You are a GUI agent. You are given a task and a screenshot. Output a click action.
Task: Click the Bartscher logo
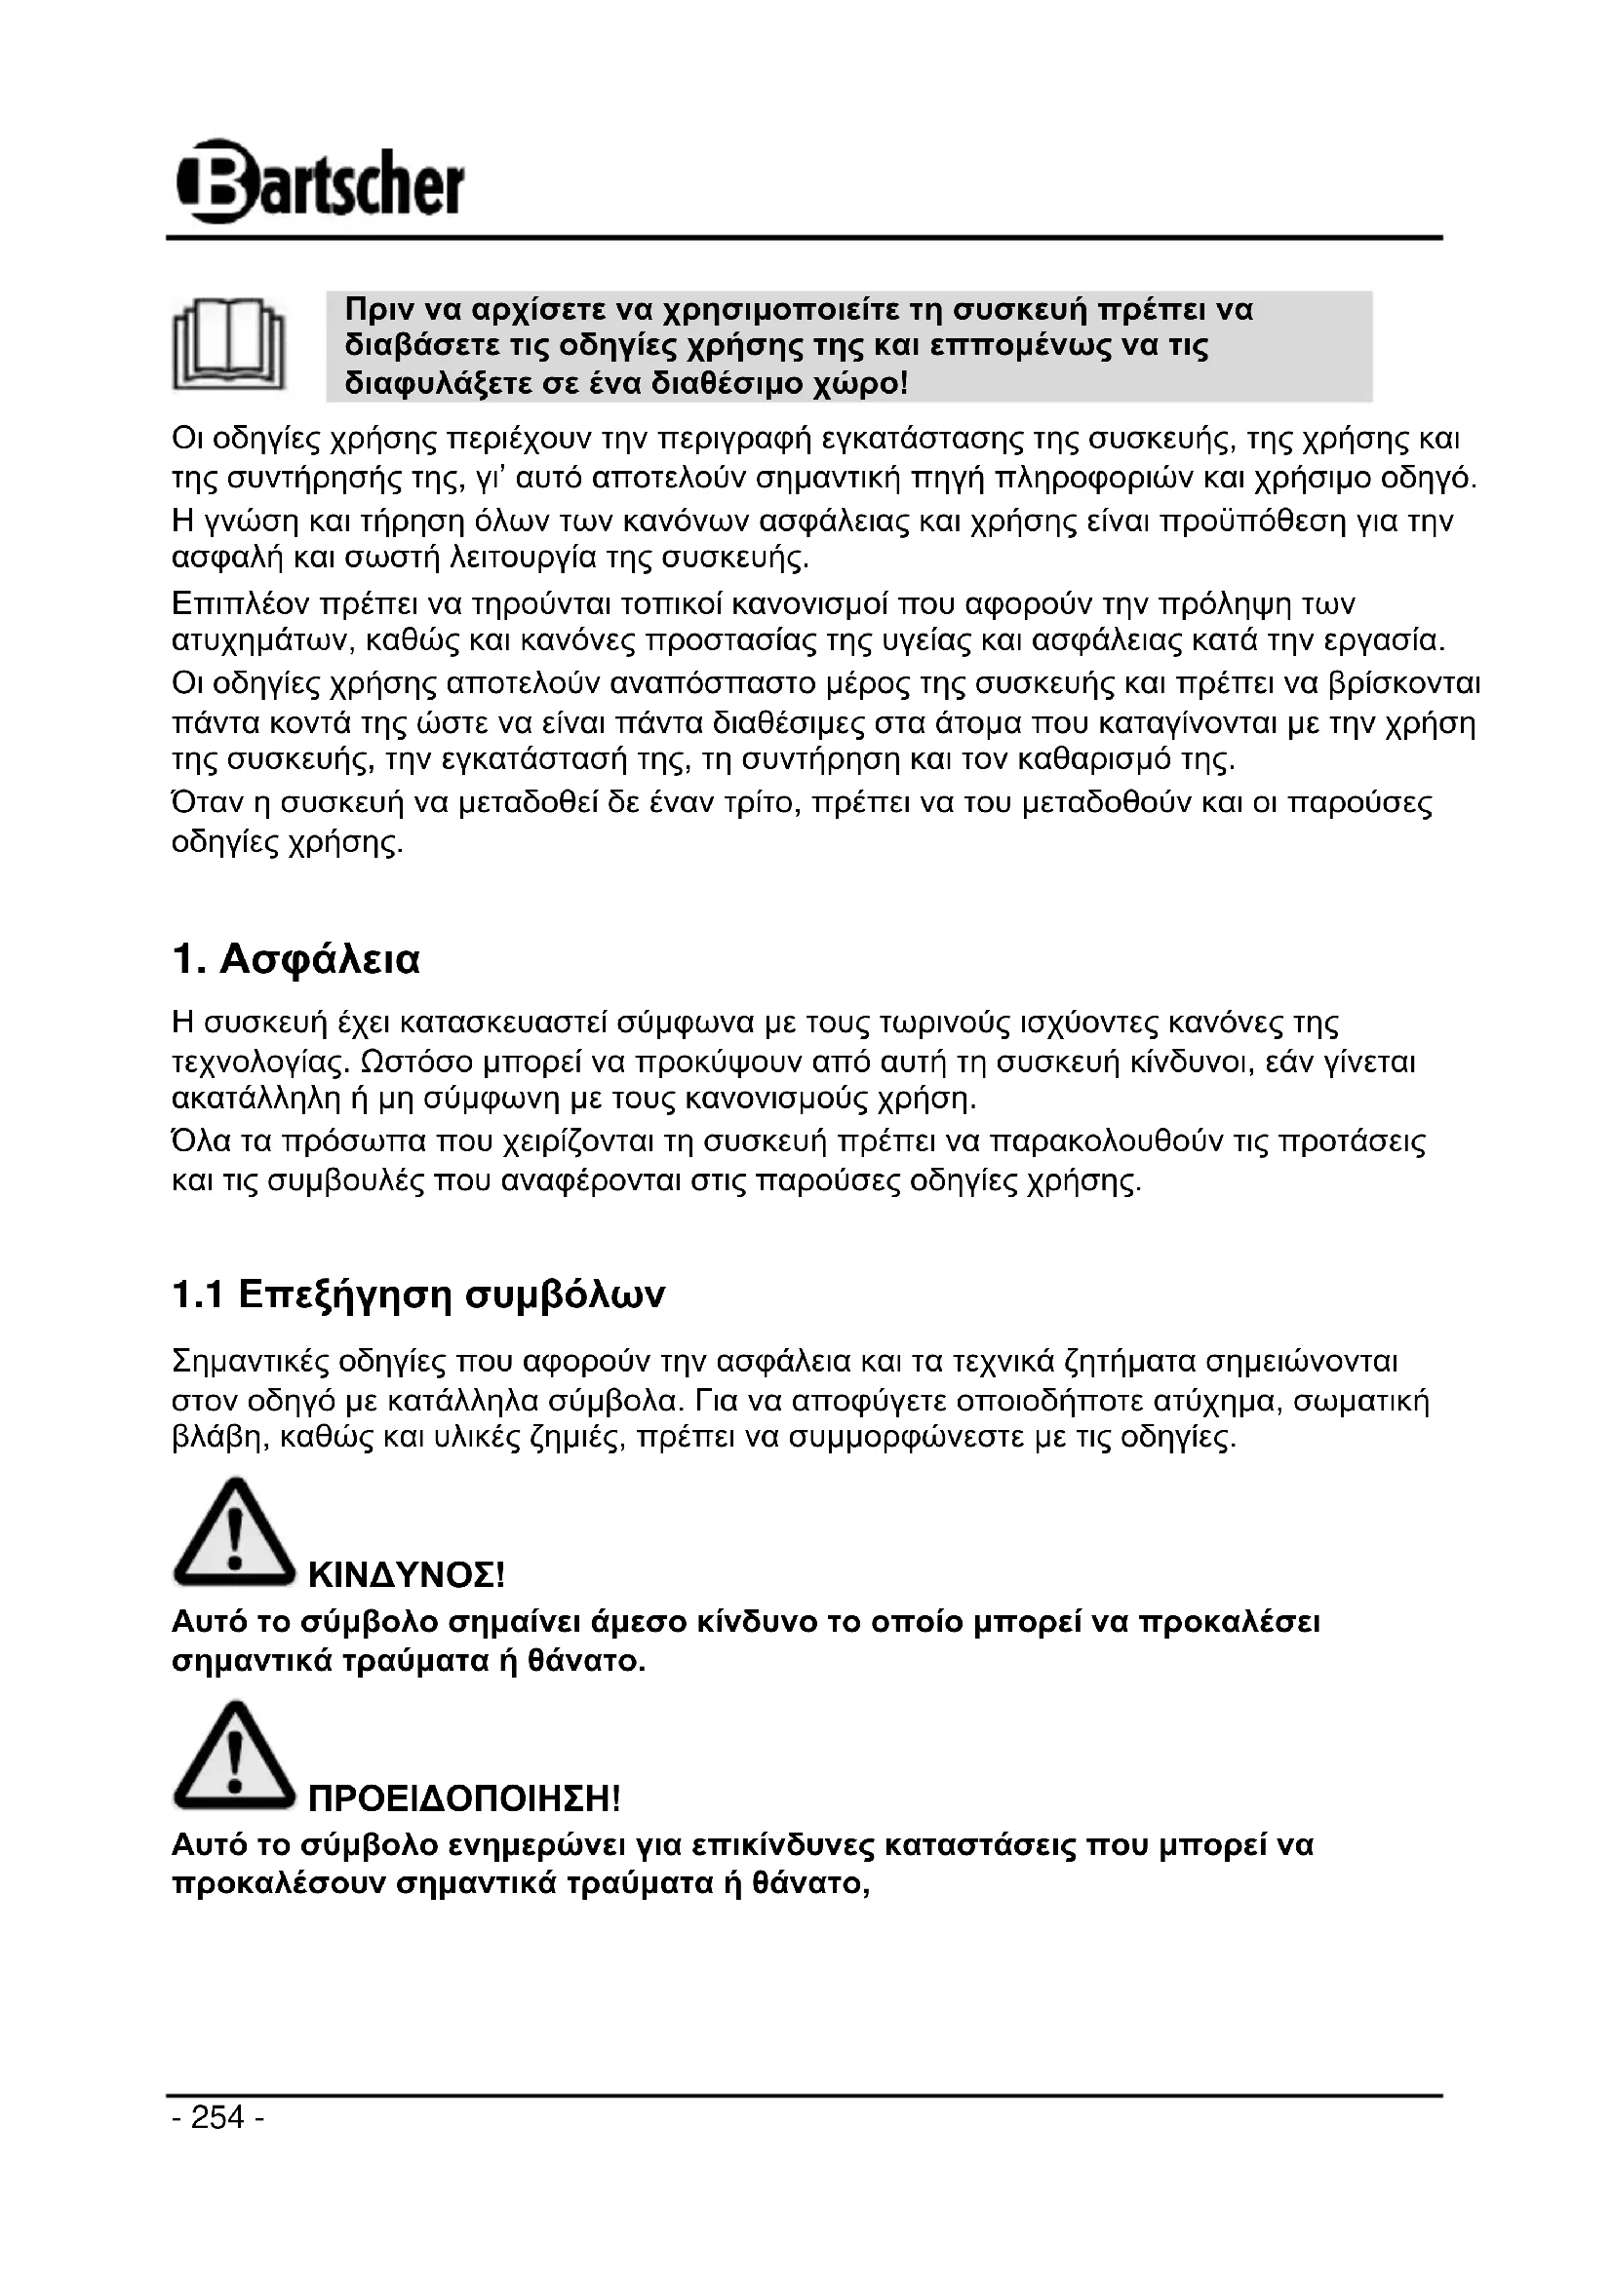319,182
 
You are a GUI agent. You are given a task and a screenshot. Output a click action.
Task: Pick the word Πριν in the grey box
378,311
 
